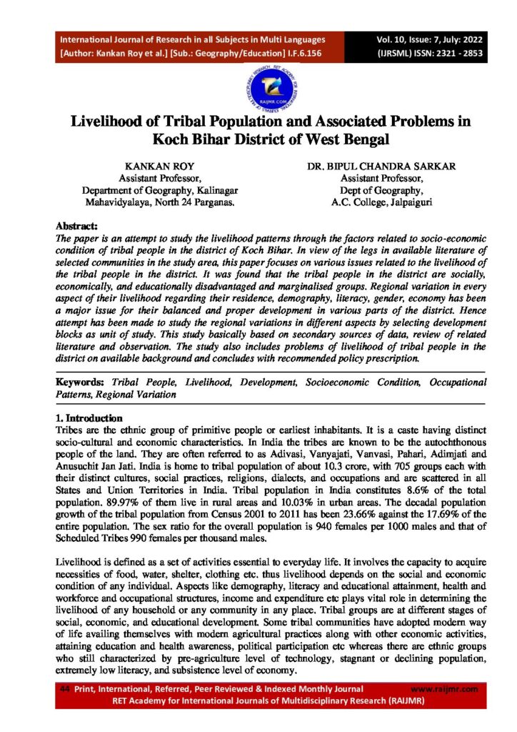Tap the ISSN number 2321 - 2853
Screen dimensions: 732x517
pyautogui.click(x=446, y=53)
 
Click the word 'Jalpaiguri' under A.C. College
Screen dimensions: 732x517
pyautogui.click(x=401, y=202)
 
